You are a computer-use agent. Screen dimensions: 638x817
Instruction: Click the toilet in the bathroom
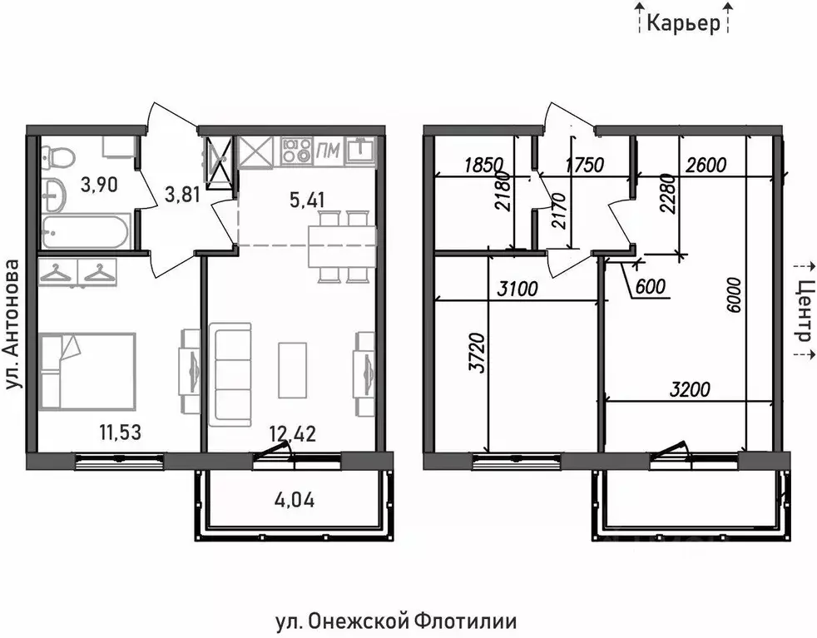[58, 156]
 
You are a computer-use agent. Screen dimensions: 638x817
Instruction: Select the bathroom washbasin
[56, 195]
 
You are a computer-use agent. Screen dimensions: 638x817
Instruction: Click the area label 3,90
[98, 185]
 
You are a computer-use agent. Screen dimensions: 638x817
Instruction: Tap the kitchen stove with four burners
[295, 151]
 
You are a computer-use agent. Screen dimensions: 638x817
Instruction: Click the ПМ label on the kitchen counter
[328, 151]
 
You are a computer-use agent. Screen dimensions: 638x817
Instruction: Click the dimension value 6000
[732, 296]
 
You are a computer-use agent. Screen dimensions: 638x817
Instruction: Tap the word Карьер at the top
[683, 23]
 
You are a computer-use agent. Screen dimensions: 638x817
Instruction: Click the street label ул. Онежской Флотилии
[395, 621]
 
